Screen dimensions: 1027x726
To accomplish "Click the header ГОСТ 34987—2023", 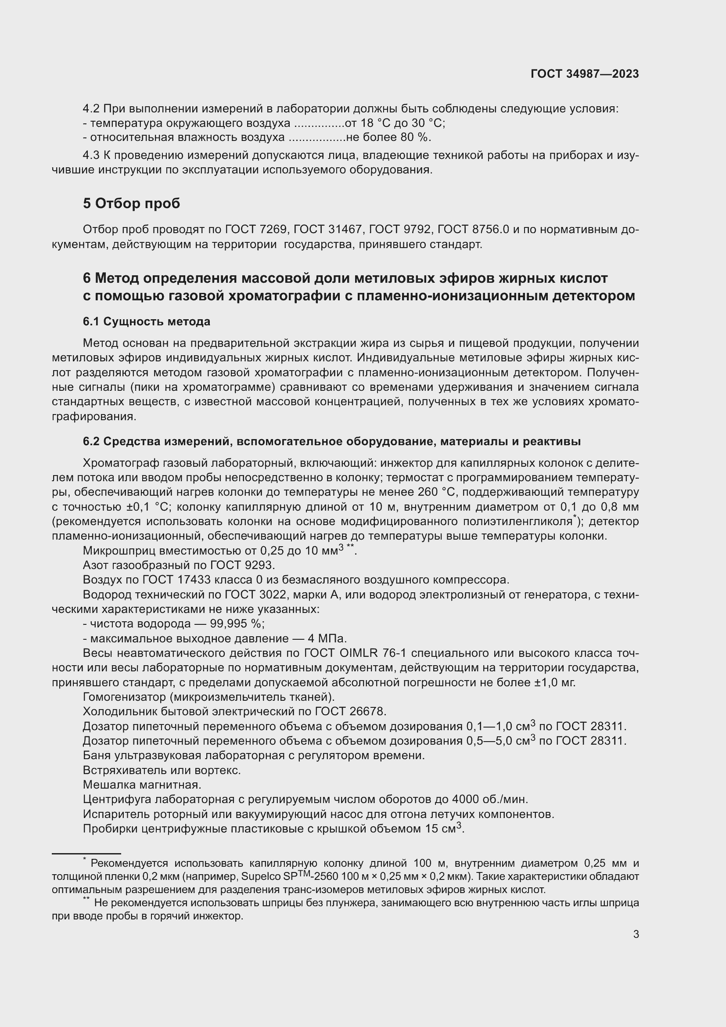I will click(584, 74).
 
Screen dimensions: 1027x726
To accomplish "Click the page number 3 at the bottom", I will click(636, 934).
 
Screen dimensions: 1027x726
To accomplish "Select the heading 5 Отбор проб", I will click(131, 204).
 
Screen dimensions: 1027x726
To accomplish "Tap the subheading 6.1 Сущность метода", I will click(146, 321).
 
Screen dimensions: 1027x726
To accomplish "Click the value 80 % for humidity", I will click(414, 137).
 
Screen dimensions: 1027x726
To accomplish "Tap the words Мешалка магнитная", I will click(142, 785).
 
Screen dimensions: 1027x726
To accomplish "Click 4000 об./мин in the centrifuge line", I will click(490, 799).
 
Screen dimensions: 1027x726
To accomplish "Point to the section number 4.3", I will click(91, 156).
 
